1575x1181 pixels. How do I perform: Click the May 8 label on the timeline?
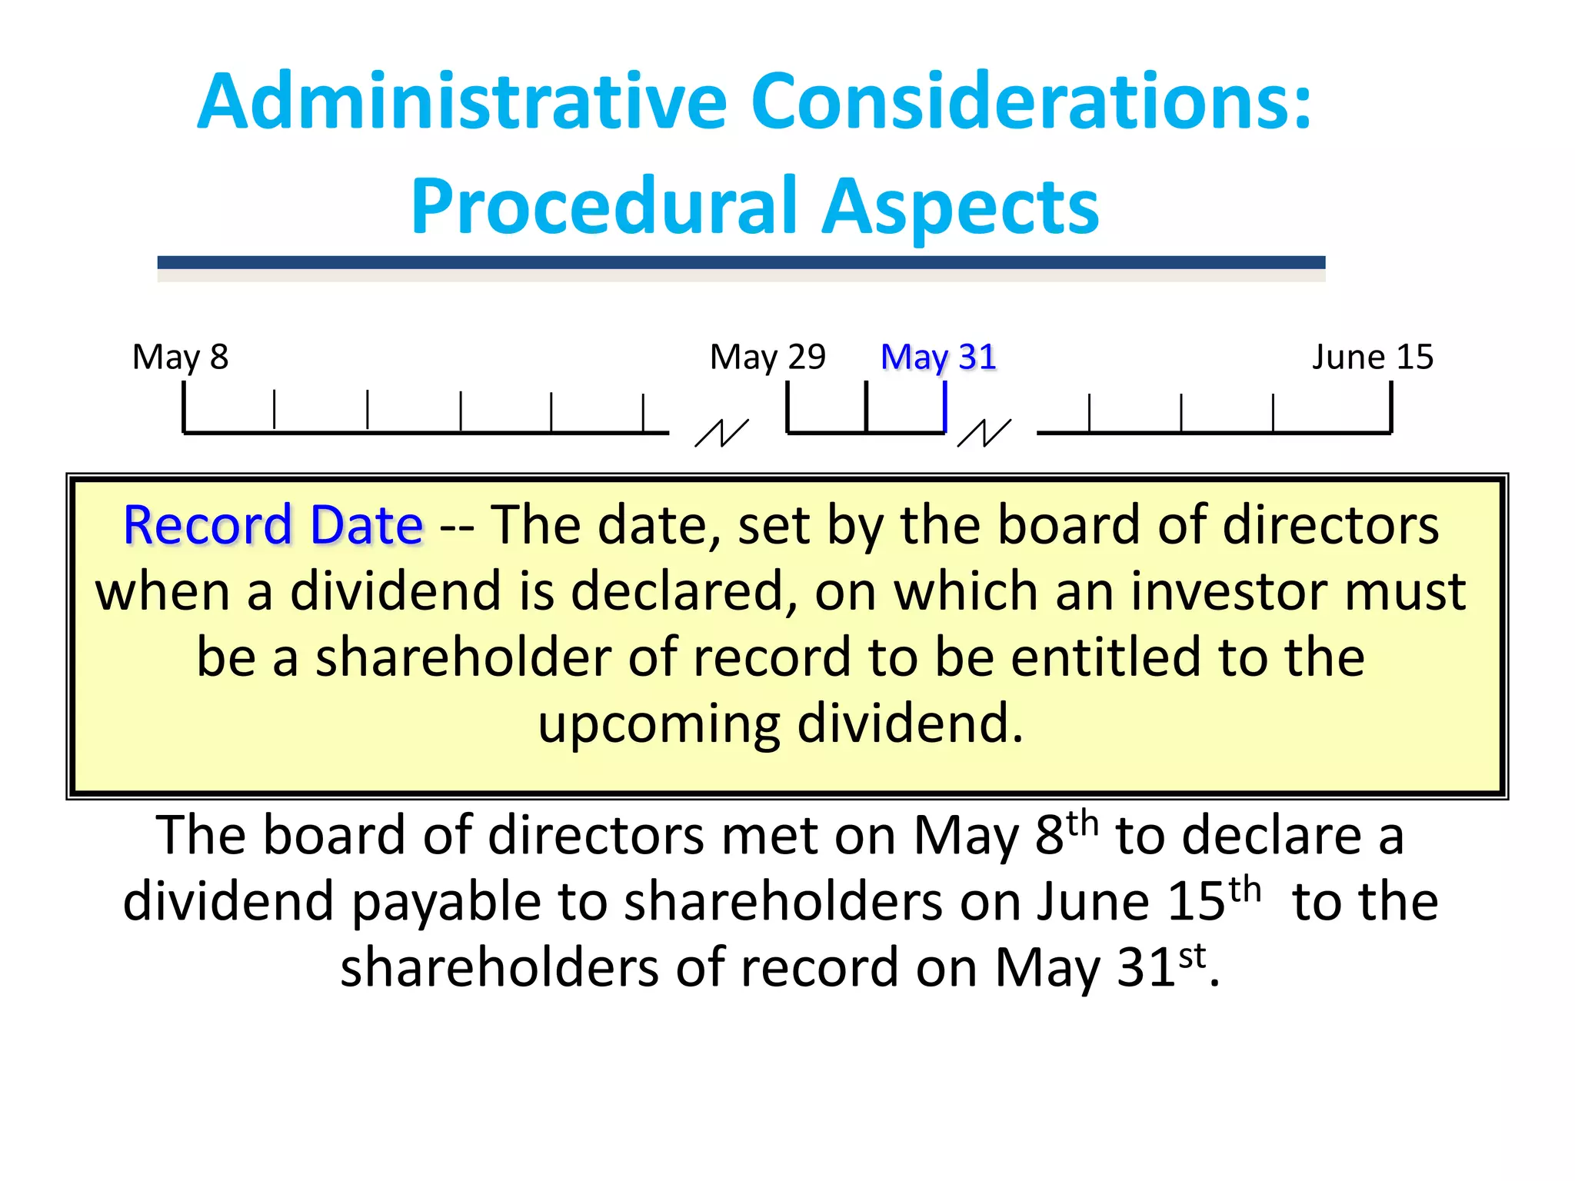click(x=181, y=358)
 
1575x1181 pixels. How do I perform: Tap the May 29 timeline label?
click(x=768, y=358)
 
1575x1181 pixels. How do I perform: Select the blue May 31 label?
click(x=938, y=358)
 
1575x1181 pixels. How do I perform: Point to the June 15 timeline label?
click(x=1373, y=358)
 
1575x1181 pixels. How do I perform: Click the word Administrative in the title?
click(x=461, y=101)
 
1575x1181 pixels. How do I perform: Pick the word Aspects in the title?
click(x=961, y=206)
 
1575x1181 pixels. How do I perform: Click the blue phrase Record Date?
click(x=273, y=526)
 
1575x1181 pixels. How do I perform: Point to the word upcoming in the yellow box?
click(x=658, y=724)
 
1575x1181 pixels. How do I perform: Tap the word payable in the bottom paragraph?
click(x=446, y=901)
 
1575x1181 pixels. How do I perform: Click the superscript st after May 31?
click(x=1192, y=956)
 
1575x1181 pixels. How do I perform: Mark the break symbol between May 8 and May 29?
click(x=721, y=433)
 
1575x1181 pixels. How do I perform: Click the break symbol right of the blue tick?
click(x=984, y=433)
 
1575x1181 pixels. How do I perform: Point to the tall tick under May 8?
click(x=184, y=408)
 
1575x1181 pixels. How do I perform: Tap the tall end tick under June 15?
click(x=1391, y=408)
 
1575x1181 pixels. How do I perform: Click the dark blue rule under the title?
click(x=741, y=263)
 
